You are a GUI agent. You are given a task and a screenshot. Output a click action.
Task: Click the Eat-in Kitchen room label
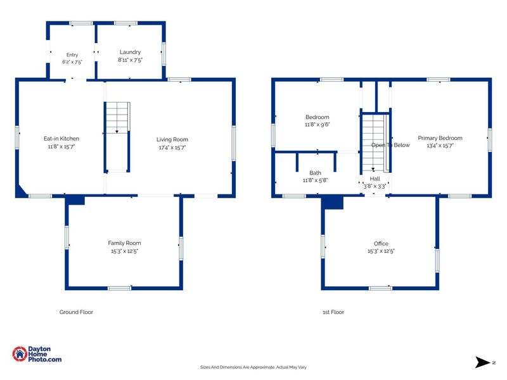pyautogui.click(x=61, y=139)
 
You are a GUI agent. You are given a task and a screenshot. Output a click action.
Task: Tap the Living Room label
pyautogui.click(x=172, y=139)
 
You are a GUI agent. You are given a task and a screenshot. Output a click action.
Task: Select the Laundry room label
pyautogui.click(x=130, y=52)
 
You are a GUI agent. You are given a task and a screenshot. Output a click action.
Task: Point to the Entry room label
pyautogui.click(x=72, y=55)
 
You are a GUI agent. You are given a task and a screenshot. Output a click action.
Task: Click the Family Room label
pyautogui.click(x=124, y=243)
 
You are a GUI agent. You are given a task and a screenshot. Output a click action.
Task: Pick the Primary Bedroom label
pyautogui.click(x=440, y=138)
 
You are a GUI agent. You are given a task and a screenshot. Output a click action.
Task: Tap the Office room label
pyautogui.click(x=381, y=244)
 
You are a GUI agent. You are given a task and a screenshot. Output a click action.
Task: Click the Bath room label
pyautogui.click(x=315, y=173)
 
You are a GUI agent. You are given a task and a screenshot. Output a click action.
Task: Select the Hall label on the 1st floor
pyautogui.click(x=375, y=179)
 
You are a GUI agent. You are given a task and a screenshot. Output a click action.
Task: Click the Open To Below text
pyautogui.click(x=390, y=145)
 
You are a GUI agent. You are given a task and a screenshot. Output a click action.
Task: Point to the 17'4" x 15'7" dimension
pyautogui.click(x=172, y=148)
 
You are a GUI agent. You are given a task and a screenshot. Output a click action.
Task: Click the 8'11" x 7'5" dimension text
pyautogui.click(x=130, y=60)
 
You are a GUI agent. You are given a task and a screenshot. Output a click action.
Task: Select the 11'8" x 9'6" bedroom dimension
pyautogui.click(x=318, y=125)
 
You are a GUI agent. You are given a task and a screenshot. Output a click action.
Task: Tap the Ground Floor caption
pyautogui.click(x=76, y=312)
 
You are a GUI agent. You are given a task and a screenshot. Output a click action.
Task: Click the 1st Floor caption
pyautogui.click(x=333, y=312)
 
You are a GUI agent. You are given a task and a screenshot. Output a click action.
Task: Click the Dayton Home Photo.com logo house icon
pyautogui.click(x=20, y=354)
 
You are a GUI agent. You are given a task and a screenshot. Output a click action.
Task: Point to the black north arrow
pyautogui.click(x=482, y=362)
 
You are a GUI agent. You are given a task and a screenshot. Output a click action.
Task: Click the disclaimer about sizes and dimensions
pyautogui.click(x=253, y=367)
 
